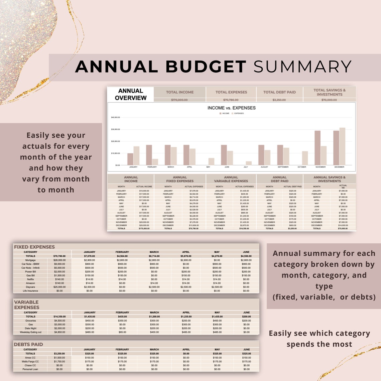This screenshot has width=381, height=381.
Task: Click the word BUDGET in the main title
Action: click(206, 67)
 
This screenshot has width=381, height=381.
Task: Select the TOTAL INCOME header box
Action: click(180, 92)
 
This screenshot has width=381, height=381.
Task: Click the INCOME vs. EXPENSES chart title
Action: click(231, 108)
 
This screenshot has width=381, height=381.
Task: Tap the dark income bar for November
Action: click(317, 148)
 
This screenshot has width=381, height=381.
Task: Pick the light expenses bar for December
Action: click(342, 146)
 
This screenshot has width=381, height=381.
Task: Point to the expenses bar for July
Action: click(249, 163)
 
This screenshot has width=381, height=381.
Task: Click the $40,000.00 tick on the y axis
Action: click(115, 118)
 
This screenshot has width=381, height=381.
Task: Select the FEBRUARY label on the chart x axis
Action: click(152, 167)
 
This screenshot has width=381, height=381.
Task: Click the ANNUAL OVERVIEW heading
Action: click(131, 94)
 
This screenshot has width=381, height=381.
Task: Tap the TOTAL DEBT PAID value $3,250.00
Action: click(279, 100)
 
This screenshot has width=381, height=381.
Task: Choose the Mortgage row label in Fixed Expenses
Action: click(30, 260)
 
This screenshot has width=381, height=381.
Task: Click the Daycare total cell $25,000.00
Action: click(59, 287)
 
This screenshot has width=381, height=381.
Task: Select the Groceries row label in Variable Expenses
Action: click(30, 321)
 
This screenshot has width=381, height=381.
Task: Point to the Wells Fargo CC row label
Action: click(30, 362)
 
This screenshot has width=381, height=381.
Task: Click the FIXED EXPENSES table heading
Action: click(34, 247)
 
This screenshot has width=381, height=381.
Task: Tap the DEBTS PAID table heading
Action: click(28, 344)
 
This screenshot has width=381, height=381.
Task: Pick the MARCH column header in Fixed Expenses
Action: click(154, 252)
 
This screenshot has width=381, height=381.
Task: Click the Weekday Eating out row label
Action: click(30, 332)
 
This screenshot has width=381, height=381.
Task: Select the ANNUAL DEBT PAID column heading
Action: click(279, 179)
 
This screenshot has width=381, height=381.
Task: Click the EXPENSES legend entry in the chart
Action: click(238, 113)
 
